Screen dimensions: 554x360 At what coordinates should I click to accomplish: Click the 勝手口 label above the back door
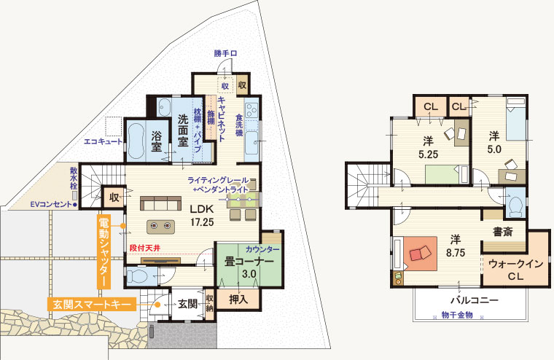point(225,54)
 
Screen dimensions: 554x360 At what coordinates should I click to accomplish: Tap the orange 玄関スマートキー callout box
point(92,304)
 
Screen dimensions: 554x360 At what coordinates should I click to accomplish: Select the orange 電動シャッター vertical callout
point(104,252)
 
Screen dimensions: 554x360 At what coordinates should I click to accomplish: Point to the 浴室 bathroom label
point(157,141)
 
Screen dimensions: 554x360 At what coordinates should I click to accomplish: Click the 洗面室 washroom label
point(183,130)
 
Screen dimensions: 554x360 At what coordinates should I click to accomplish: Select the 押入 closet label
point(238,300)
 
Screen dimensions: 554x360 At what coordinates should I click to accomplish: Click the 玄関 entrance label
point(187,303)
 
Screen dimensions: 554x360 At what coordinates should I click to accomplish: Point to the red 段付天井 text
point(145,248)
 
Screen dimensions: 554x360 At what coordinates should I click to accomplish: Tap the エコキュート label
point(103,142)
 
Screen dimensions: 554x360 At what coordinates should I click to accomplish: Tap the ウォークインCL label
point(515,270)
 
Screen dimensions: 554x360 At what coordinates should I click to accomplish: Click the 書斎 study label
point(503,232)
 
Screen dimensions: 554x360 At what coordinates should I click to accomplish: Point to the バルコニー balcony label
point(475,301)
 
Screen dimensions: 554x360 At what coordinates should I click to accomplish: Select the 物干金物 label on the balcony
point(457,315)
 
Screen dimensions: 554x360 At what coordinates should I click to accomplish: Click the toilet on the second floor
point(516,206)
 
